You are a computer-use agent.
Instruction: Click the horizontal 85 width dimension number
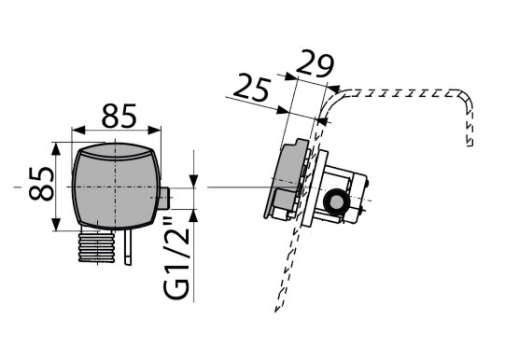[x=119, y=116]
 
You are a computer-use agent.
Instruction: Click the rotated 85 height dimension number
[x=41, y=184]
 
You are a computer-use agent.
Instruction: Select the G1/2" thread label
[x=175, y=257]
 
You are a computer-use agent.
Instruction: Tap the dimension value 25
[x=251, y=88]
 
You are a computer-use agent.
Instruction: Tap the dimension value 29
[x=315, y=63]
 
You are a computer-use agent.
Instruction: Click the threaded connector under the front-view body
[x=97, y=245]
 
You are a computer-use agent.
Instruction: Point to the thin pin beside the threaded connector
[x=128, y=246]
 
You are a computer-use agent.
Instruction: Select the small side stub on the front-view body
[x=164, y=199]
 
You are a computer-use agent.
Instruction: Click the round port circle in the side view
[x=336, y=201]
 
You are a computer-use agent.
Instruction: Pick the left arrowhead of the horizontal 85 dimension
[x=78, y=131]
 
